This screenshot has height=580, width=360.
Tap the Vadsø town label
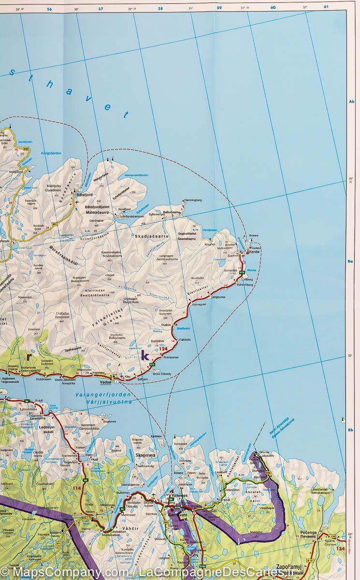pos(105,382)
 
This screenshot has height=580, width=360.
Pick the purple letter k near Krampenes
pos(144,357)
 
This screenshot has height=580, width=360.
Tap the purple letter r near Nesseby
pos(29,357)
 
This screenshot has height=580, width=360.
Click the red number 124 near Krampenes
pos(164,349)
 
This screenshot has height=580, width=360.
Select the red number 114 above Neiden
pos(76,488)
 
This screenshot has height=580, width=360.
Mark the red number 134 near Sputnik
pos(341,549)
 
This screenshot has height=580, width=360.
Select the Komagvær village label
pos(201,305)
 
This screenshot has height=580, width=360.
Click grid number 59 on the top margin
pos(219,7)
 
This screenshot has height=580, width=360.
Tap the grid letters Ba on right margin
pos(351,261)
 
